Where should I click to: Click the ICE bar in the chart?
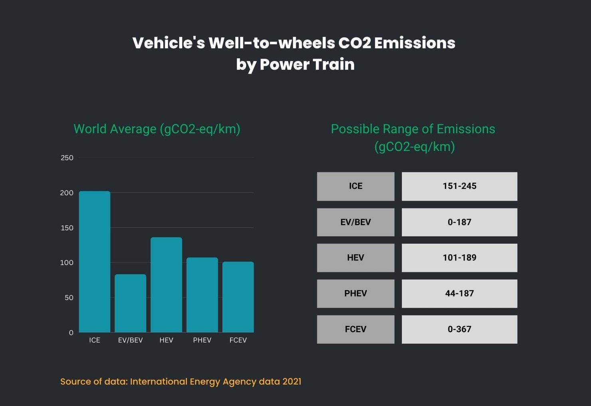pyautogui.click(x=95, y=261)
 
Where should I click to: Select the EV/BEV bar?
pyautogui.click(x=130, y=303)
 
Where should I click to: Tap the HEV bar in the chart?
pyautogui.click(x=166, y=285)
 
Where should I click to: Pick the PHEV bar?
pyautogui.click(x=202, y=295)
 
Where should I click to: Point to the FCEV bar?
pyautogui.click(x=238, y=297)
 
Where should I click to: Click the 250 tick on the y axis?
pyautogui.click(x=67, y=158)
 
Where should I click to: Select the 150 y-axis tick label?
pyautogui.click(x=67, y=228)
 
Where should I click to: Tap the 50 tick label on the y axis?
pyautogui.click(x=69, y=298)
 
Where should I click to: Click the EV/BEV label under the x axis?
pyautogui.click(x=130, y=340)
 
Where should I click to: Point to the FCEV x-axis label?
pyautogui.click(x=238, y=340)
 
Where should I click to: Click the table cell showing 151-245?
pyautogui.click(x=459, y=186)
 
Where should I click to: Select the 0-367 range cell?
pyautogui.click(x=459, y=329)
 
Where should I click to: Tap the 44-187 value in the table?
pyautogui.click(x=459, y=293)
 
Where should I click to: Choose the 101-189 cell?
pyautogui.click(x=459, y=257)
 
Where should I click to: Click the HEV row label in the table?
pyautogui.click(x=355, y=257)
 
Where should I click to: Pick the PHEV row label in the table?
pyautogui.click(x=355, y=293)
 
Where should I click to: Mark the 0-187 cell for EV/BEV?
pyautogui.click(x=459, y=222)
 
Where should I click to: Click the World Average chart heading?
pyautogui.click(x=157, y=129)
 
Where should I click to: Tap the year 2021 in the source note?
pyautogui.click(x=292, y=382)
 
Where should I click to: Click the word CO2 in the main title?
pyautogui.click(x=355, y=43)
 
